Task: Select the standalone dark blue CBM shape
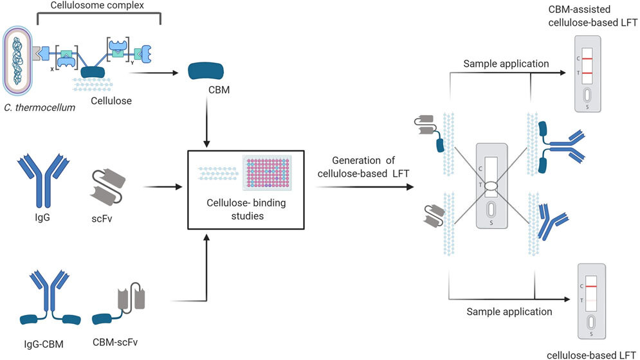click(206, 73)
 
